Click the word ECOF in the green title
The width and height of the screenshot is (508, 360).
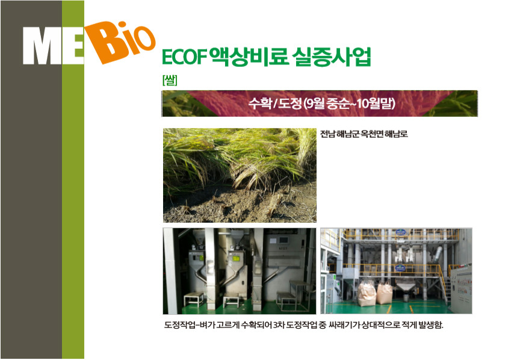point(184,57)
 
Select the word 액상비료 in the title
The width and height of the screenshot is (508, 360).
point(249,57)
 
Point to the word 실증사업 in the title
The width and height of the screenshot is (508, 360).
point(331,57)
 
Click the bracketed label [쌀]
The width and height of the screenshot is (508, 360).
point(170,80)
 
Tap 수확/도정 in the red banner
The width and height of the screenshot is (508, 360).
point(275,104)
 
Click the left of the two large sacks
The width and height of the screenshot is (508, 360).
point(367,294)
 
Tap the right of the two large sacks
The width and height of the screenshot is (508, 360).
point(384,293)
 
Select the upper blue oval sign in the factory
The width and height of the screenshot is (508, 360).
point(401,232)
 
